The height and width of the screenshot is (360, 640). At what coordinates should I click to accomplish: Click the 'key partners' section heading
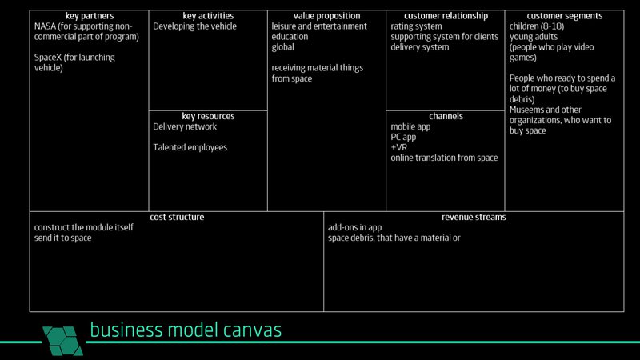[89, 16]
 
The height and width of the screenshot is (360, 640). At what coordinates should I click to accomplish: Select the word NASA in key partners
[46, 26]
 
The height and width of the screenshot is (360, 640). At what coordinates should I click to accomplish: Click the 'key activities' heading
[207, 16]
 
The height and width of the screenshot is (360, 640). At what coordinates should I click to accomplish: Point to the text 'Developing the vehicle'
[194, 26]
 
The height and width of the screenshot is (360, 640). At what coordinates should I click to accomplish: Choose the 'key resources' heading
[208, 116]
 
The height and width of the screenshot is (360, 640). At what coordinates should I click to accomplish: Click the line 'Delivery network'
[185, 126]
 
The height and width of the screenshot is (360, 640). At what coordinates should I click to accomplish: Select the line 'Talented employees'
[190, 147]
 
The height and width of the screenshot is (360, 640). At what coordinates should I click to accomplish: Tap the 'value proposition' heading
[326, 16]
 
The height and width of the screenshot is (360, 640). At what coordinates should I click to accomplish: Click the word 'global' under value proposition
[283, 47]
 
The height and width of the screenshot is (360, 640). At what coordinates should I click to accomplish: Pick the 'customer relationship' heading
[445, 16]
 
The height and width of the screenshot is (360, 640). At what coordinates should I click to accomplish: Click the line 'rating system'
[417, 26]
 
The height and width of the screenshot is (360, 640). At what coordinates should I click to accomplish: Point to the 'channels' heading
[446, 116]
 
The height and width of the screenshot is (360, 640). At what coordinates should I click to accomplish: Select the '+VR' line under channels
[399, 147]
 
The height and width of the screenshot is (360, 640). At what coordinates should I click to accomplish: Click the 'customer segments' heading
[564, 16]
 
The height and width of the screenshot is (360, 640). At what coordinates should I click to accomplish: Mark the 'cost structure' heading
[177, 217]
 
